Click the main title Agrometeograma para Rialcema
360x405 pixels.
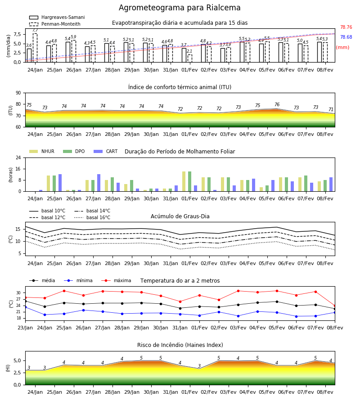coord(180,8)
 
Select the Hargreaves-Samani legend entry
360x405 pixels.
coord(57,17)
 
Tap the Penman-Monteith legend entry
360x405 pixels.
coord(55,24)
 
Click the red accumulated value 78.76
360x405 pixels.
coord(346,27)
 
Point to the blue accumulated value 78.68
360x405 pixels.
coord(346,37)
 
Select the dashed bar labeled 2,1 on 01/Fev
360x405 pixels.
coord(190,58)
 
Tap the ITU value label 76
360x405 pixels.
coord(277,104)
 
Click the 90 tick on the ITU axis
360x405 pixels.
coord(18,93)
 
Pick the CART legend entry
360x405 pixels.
coord(106,151)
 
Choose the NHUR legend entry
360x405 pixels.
coord(42,151)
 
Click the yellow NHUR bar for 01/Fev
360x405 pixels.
coord(184,181)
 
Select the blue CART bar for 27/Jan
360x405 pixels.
coord(99,183)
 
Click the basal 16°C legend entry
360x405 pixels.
coord(92,217)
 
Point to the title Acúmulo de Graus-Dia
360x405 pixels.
coord(180,216)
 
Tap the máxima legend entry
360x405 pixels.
coord(116,280)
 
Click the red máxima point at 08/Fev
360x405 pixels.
coord(335,306)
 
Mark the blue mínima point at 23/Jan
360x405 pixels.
coord(25,307)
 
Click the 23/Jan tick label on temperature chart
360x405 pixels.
coord(25,328)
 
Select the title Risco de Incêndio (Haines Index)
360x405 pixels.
coord(180,345)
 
